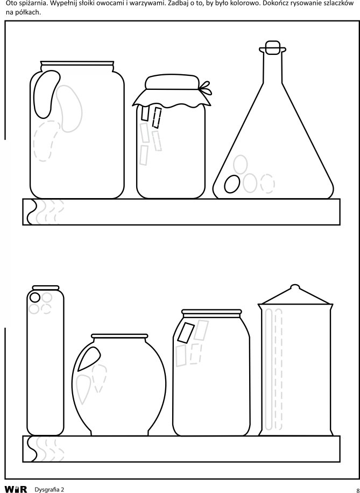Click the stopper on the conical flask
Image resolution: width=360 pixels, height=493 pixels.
(x=273, y=48)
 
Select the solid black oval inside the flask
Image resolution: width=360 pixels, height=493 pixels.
(x=232, y=184)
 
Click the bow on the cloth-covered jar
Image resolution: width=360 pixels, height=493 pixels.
(x=206, y=88)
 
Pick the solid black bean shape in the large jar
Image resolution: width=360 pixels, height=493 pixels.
(x=46, y=94)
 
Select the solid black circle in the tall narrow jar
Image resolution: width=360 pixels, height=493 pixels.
(x=34, y=298)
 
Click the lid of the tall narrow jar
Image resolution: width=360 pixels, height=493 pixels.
(x=46, y=288)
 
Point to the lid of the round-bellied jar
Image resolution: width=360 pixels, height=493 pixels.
(x=119, y=336)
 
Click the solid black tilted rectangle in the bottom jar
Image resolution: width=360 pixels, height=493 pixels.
(x=186, y=333)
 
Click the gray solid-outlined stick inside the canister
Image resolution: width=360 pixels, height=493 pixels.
(x=269, y=369)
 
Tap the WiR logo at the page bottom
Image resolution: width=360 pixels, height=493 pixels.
(x=16, y=489)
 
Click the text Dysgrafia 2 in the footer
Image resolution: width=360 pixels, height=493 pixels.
(x=50, y=490)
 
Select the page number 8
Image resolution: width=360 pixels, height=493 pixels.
(x=358, y=490)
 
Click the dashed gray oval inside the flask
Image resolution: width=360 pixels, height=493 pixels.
(x=267, y=184)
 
